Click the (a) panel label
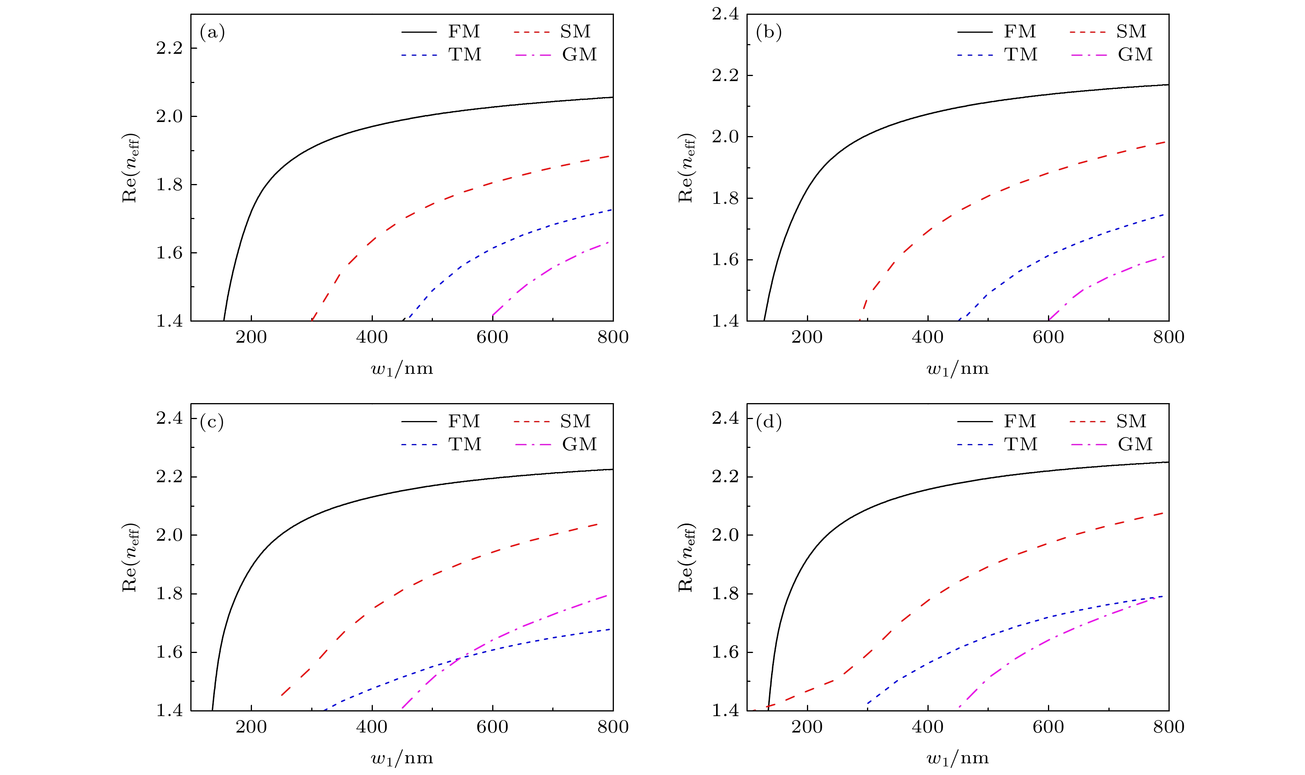point(212,33)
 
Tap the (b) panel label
point(768,33)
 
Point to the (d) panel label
point(768,422)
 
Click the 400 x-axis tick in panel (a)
point(372,337)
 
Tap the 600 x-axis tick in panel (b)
point(1048,337)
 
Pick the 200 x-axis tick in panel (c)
point(251,727)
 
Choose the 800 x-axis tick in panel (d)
point(1168,727)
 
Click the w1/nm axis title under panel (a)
point(402,369)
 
